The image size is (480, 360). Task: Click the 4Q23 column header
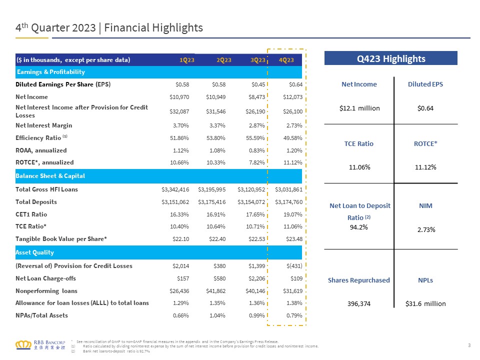click(286, 60)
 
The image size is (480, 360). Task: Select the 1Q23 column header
click(187, 60)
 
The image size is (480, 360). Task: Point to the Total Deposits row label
click(36, 202)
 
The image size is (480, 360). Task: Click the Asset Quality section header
click(34, 252)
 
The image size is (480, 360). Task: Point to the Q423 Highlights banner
click(391, 59)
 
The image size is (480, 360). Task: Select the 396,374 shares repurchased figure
click(359, 303)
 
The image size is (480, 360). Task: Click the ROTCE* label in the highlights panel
click(425, 143)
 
